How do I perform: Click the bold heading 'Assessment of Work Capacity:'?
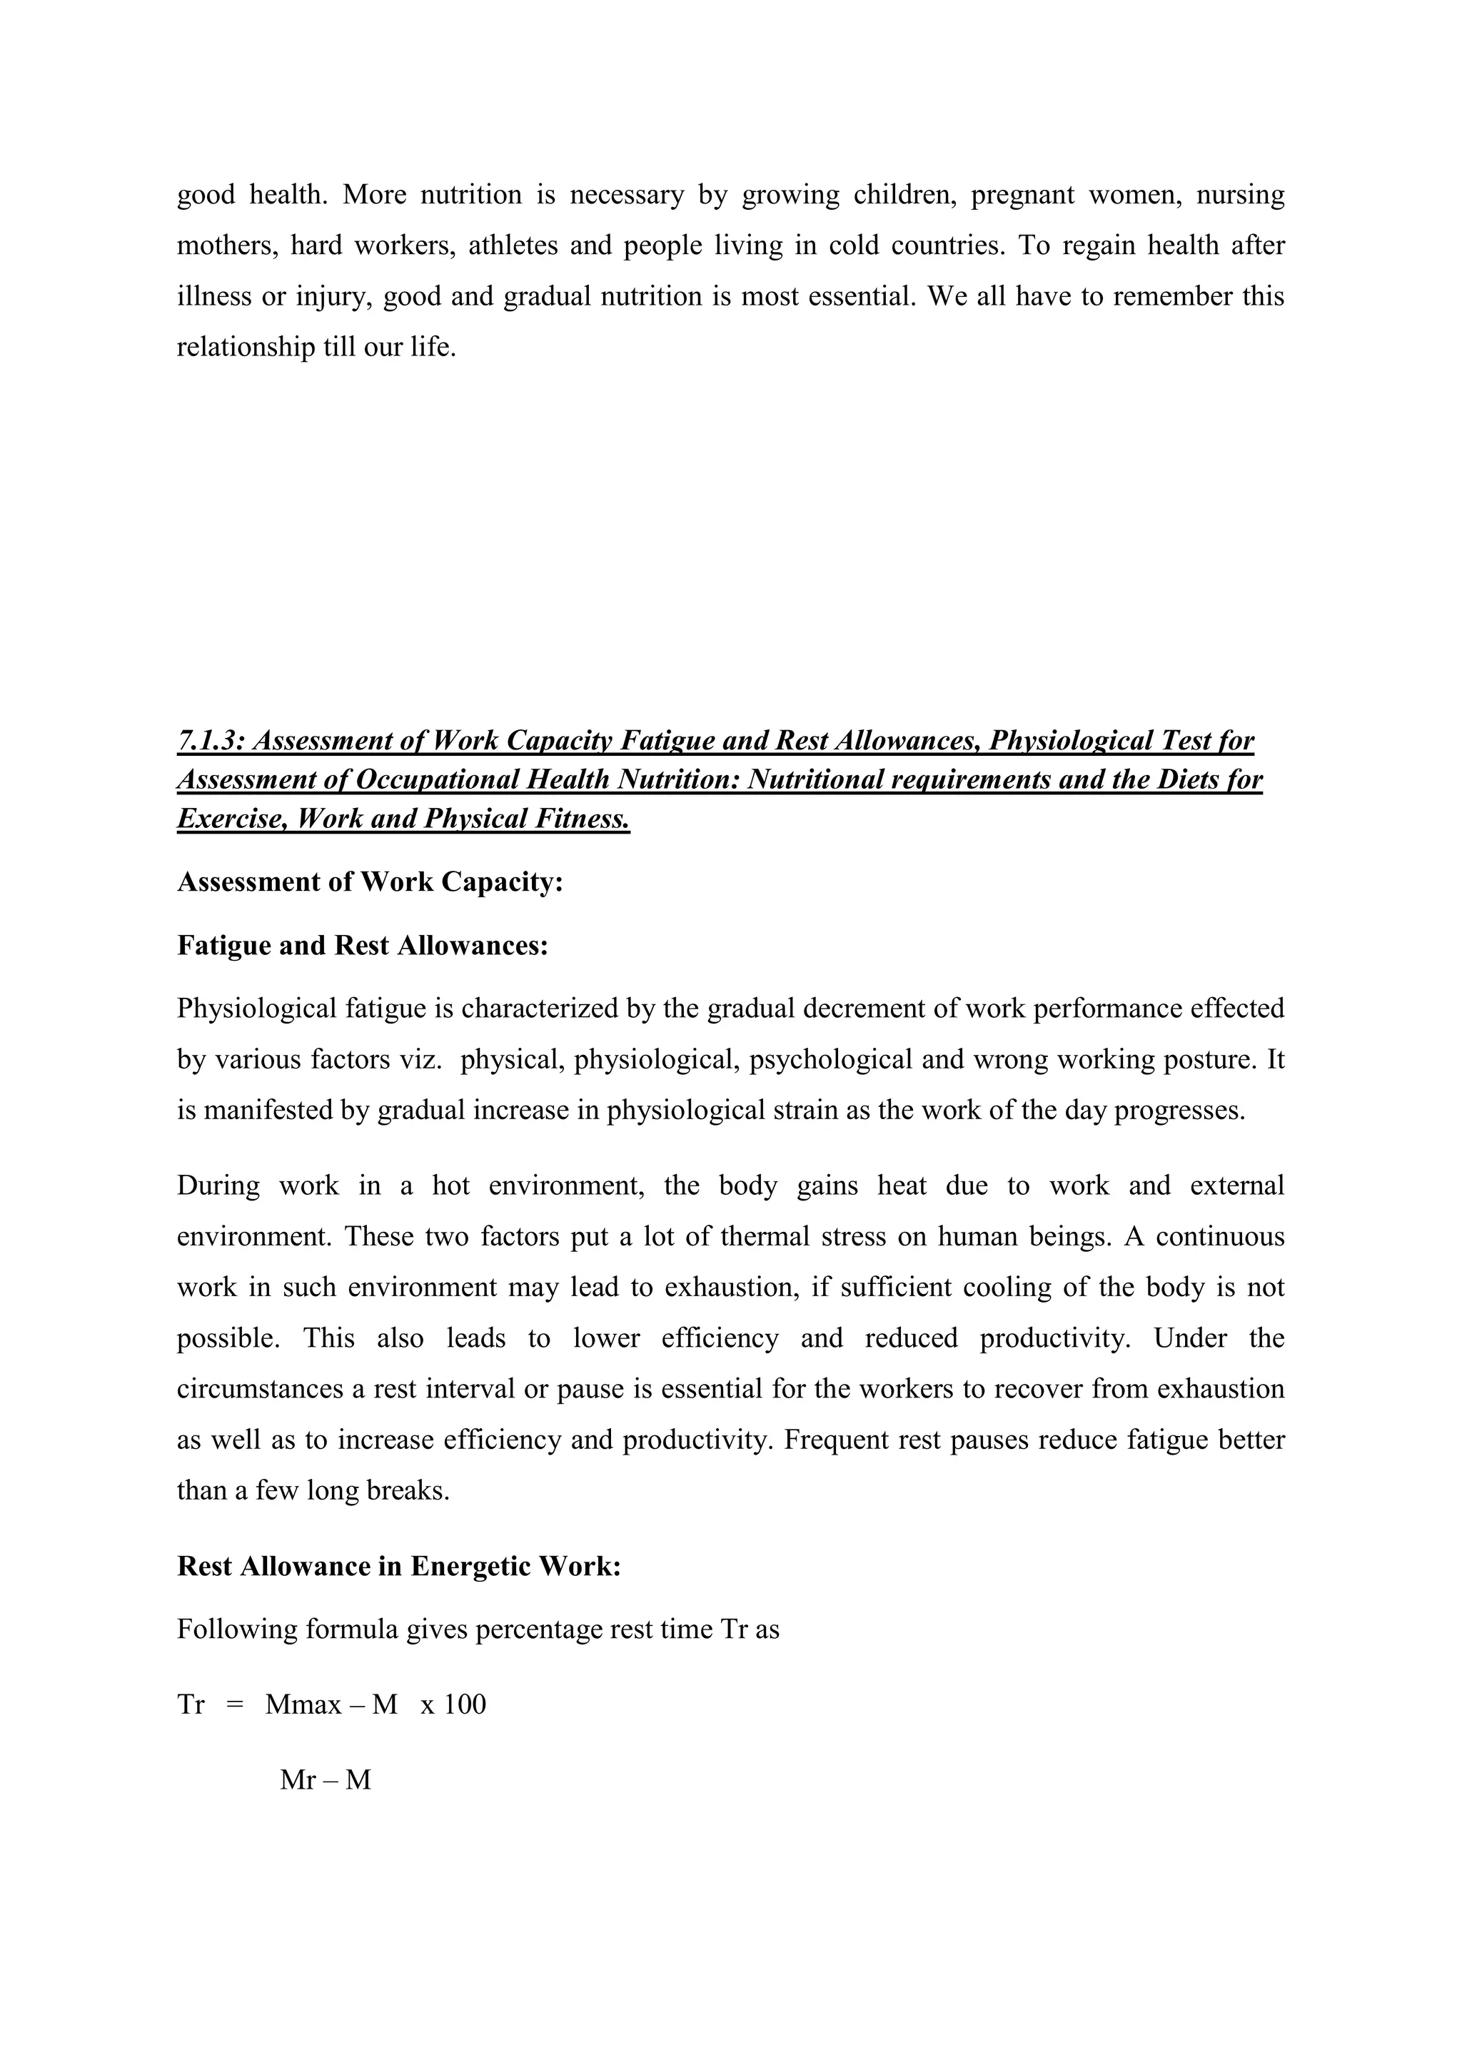coord(370,882)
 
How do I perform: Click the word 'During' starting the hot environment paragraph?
coord(218,1186)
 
